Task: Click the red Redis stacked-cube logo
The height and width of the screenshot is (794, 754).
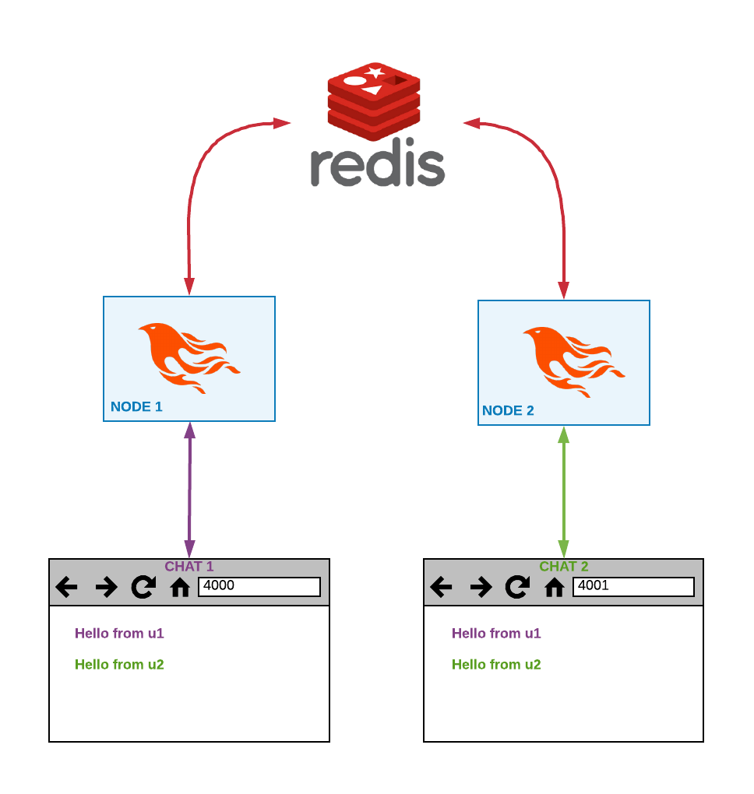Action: (x=374, y=97)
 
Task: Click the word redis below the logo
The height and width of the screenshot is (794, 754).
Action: (x=377, y=164)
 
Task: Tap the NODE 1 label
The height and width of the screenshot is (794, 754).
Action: (x=136, y=406)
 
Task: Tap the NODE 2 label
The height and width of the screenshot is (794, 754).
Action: (x=508, y=410)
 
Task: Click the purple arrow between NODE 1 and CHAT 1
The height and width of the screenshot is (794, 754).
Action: (x=189, y=490)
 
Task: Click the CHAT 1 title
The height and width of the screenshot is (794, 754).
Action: (x=188, y=567)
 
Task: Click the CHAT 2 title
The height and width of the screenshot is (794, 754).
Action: (x=563, y=567)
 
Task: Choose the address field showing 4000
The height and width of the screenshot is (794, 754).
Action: (x=259, y=586)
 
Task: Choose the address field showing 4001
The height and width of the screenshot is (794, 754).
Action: (x=633, y=586)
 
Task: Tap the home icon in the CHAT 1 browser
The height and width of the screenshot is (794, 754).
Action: (x=180, y=587)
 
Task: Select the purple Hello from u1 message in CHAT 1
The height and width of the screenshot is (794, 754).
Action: (x=119, y=634)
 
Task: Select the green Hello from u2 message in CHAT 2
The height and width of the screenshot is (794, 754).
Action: (x=496, y=665)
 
